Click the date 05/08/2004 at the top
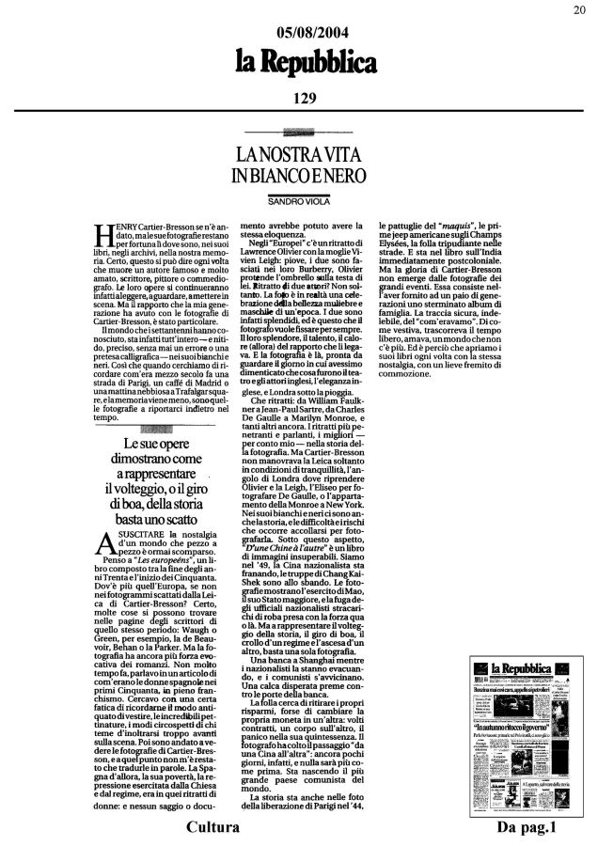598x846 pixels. coord(300,35)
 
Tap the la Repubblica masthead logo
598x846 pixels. coord(300,64)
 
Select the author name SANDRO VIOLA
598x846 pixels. coord(298,201)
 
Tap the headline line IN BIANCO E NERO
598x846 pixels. coord(298,176)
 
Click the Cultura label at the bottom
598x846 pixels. coord(212,827)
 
